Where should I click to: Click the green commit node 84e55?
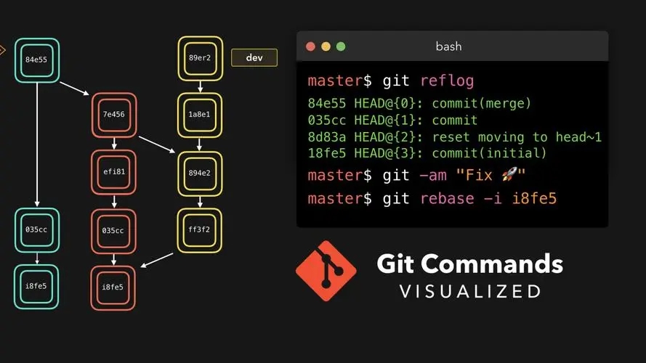point(36,60)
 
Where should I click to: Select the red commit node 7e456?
point(113,115)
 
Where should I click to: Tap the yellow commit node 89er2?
point(200,58)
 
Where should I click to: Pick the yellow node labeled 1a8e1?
point(200,115)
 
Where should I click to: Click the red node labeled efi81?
point(113,172)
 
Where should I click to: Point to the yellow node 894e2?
point(200,172)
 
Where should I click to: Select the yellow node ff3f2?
point(200,230)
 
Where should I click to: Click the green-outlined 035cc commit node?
point(36,230)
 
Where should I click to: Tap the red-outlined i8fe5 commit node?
point(113,287)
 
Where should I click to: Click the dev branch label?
point(254,57)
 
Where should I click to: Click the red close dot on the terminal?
point(310,46)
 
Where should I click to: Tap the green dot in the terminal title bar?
point(341,46)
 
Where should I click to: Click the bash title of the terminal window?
point(448,46)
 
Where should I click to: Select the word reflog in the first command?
point(451,81)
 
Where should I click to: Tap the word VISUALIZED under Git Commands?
point(469,292)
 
